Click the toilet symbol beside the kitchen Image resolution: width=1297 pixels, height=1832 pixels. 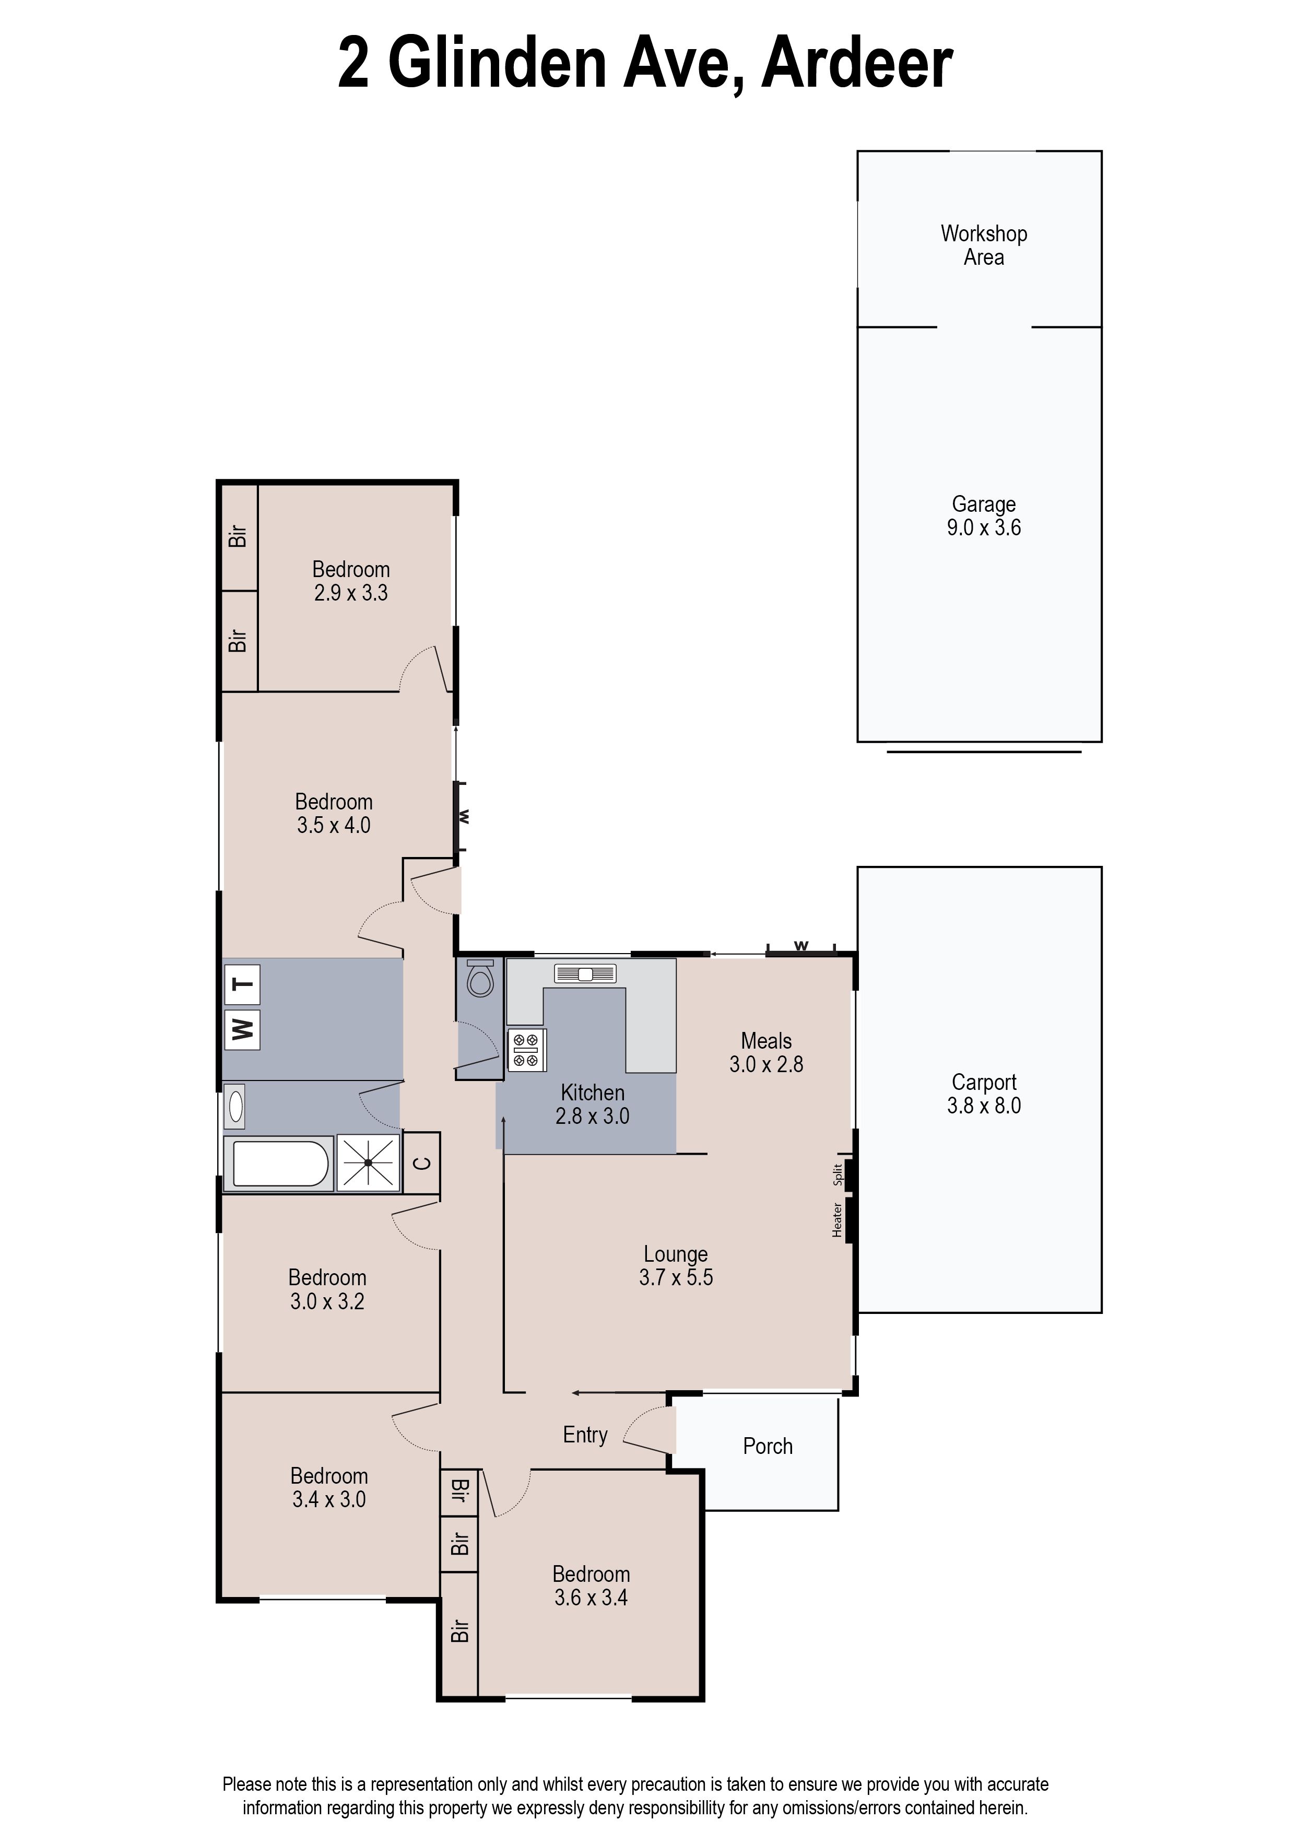click(480, 978)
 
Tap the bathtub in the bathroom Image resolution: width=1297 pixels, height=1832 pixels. click(279, 1164)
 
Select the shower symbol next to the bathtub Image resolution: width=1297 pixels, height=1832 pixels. click(368, 1163)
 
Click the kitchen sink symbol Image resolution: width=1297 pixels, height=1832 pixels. click(585, 973)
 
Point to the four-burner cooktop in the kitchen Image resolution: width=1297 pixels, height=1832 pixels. click(526, 1049)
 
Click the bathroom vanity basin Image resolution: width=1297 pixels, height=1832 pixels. click(235, 1106)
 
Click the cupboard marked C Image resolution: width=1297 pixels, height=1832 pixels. click(422, 1163)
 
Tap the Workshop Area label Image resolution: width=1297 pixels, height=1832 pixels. click(984, 245)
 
